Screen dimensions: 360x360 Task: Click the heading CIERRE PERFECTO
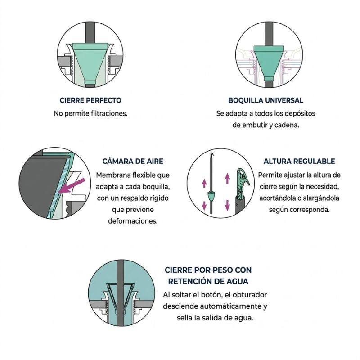pos(90,100)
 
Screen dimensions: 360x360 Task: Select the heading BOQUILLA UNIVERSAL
pos(265,100)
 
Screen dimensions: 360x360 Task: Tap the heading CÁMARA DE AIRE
pos(133,161)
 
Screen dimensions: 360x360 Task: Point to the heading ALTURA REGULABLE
pos(299,161)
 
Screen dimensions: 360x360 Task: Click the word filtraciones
pos(107,113)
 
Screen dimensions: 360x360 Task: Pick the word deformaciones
pos(133,221)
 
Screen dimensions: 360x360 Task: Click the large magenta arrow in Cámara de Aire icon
pos(71,185)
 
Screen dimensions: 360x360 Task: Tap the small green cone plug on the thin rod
pos(211,196)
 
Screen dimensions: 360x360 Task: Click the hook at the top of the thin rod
pos(212,155)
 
